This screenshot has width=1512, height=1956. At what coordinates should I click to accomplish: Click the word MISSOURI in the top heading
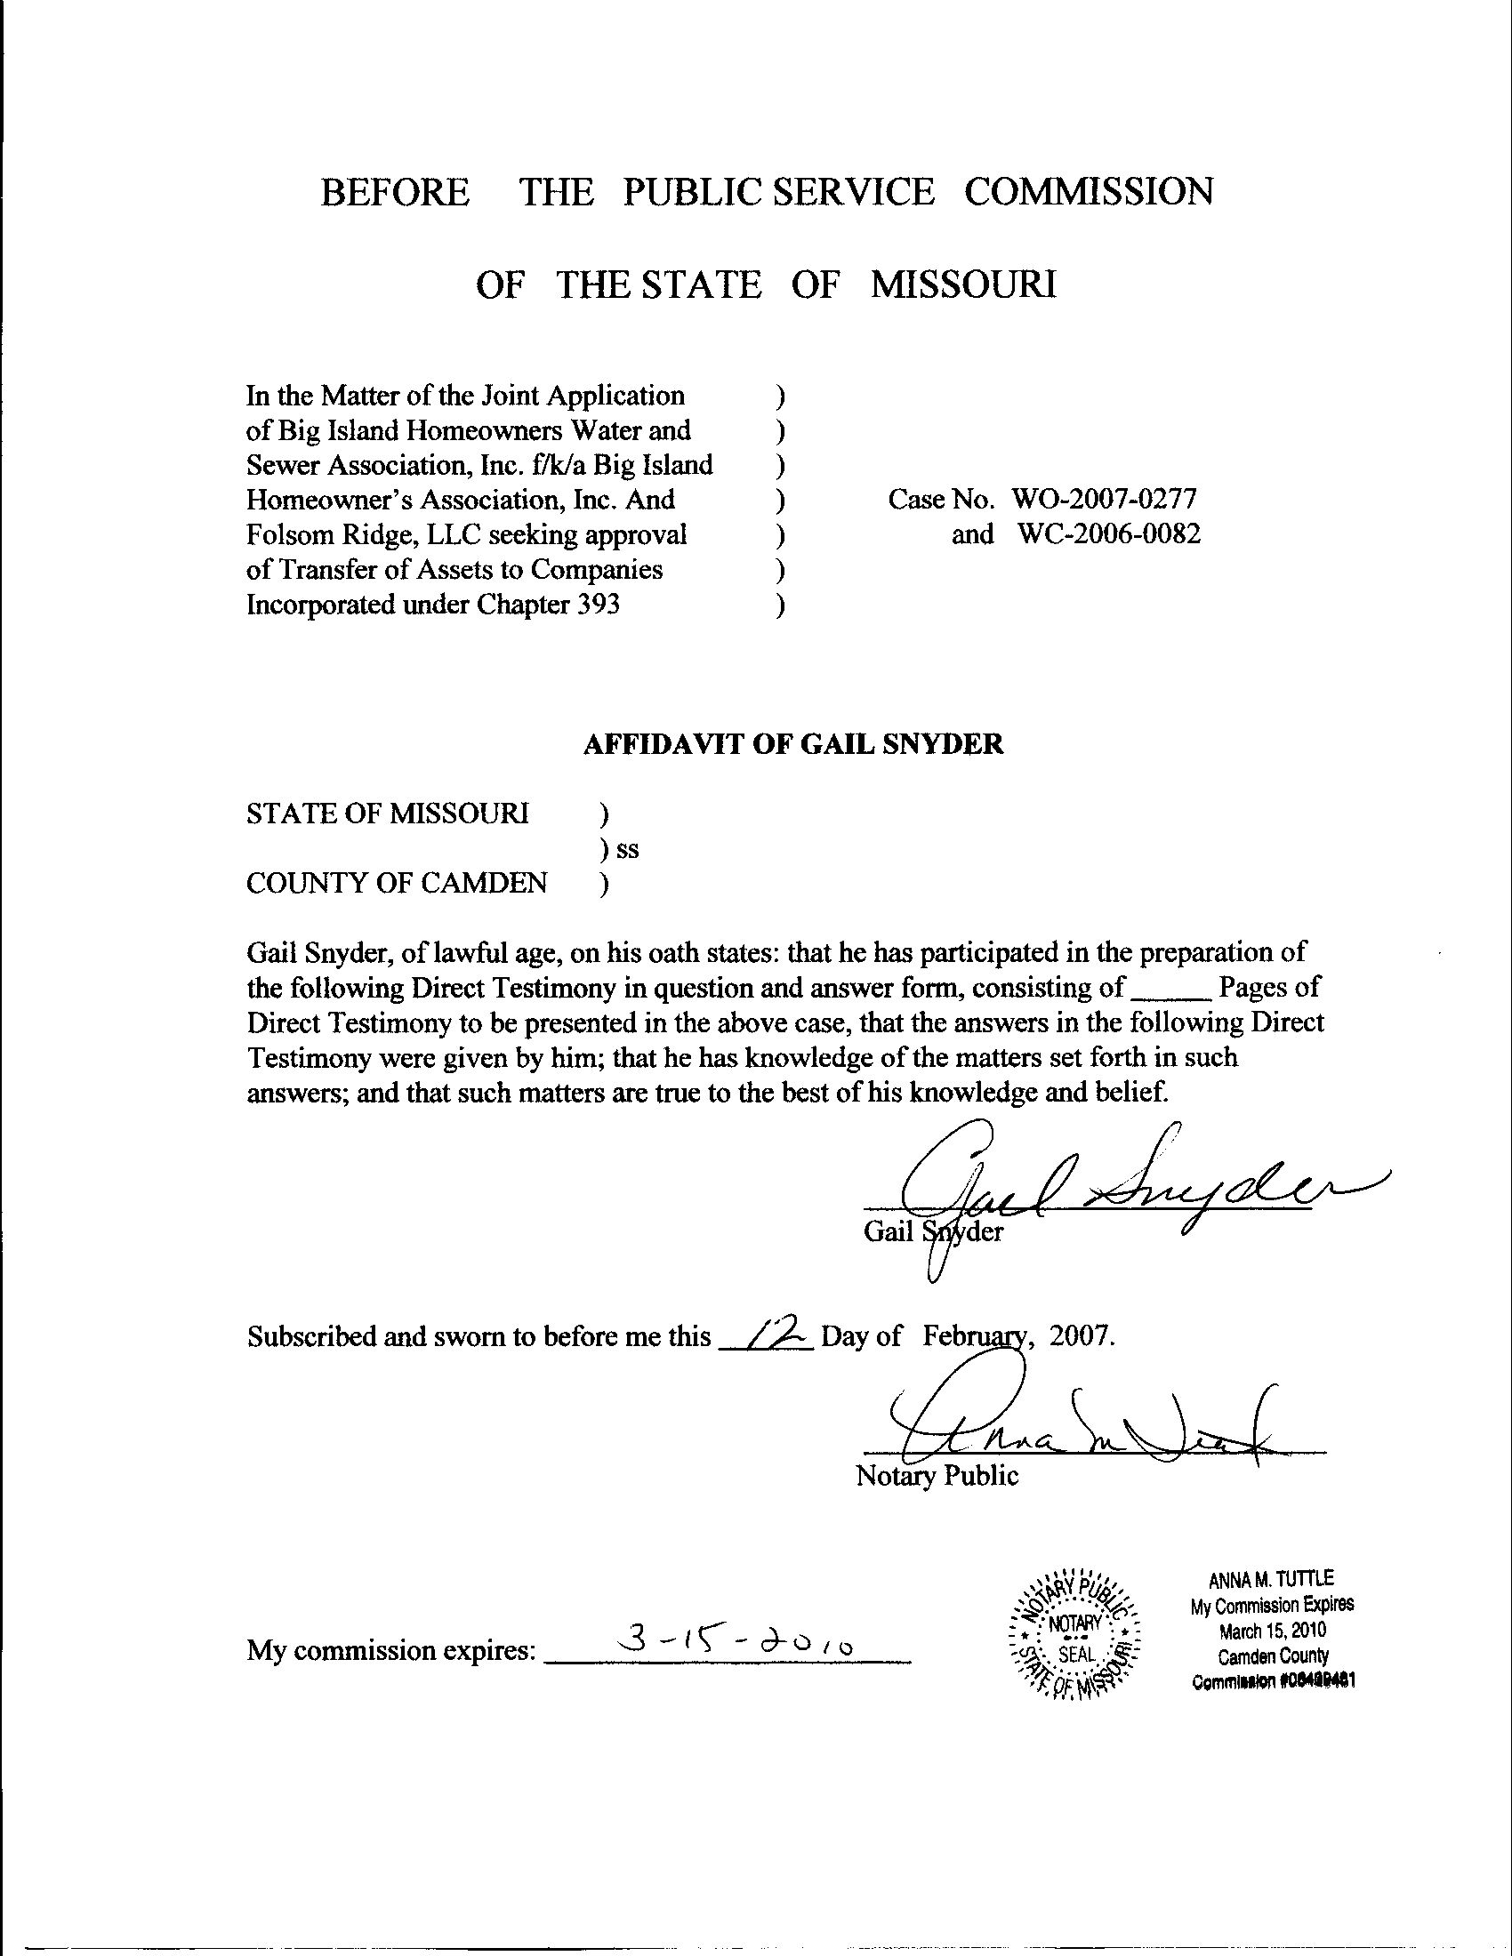pos(964,285)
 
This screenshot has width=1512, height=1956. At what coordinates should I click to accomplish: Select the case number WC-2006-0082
pos(1109,534)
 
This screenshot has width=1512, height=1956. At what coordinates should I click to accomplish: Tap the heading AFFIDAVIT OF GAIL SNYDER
pos(792,744)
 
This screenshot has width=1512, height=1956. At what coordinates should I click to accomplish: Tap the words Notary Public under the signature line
pos(937,1475)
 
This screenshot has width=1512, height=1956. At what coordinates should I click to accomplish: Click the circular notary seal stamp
pos(1074,1632)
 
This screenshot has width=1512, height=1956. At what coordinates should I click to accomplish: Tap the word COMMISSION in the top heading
pos(1089,192)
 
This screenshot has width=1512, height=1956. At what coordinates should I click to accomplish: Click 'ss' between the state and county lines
pos(627,849)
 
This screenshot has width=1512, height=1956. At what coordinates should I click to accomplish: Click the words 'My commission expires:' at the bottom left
pos(391,1649)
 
